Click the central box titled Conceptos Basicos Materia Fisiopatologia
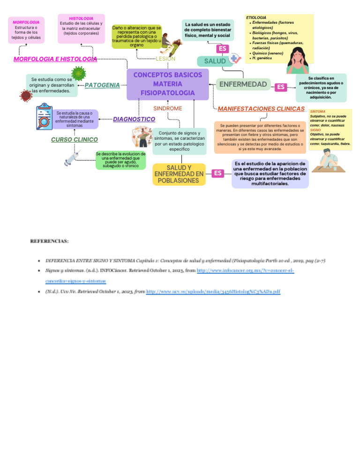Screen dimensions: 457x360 pos(167,84)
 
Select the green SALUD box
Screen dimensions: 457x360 pos(215,61)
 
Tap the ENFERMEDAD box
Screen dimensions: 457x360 pos(243,84)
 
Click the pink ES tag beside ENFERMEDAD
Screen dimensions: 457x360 pos(280,87)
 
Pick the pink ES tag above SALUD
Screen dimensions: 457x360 pos(223,48)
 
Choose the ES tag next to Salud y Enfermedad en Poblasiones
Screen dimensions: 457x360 pos(217,173)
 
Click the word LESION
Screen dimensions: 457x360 pos(165,59)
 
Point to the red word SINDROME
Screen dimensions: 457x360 pos(167,108)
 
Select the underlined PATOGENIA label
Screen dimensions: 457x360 pos(102,85)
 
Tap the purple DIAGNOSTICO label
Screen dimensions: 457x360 pos(134,119)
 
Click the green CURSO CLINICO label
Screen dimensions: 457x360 pos(74,139)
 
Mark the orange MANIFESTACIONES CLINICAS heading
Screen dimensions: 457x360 pos(261,108)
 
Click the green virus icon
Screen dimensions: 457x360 pos(78,74)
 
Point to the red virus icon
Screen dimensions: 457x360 pos(26,95)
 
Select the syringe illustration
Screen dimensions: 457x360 pos(73,158)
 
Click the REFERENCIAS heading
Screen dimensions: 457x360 pos(49,241)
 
